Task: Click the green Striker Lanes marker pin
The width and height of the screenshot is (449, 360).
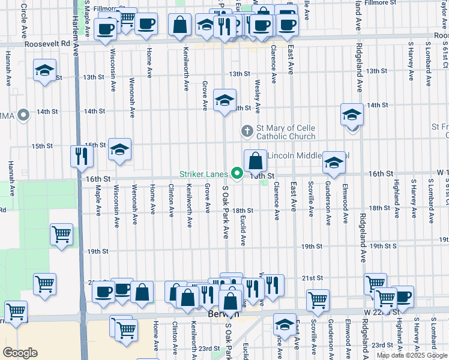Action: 237,175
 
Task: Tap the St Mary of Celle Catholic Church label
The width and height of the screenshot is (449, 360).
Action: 286,132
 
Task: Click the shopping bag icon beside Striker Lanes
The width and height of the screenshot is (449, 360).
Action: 255,161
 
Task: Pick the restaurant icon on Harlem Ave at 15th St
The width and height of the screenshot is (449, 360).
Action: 80,157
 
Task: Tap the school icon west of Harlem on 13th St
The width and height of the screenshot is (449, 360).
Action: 44,70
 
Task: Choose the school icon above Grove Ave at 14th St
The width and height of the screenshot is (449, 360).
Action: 224,100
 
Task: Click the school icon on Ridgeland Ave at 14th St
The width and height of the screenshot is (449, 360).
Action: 352,115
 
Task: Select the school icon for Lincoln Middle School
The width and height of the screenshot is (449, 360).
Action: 334,162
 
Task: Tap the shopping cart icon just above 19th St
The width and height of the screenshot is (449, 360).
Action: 61,235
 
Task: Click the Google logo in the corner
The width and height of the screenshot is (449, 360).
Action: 20,353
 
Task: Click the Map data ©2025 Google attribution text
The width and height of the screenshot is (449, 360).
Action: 412,355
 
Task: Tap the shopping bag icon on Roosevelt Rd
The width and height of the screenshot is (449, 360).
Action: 180,25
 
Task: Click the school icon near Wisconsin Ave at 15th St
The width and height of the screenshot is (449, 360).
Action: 119,149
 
